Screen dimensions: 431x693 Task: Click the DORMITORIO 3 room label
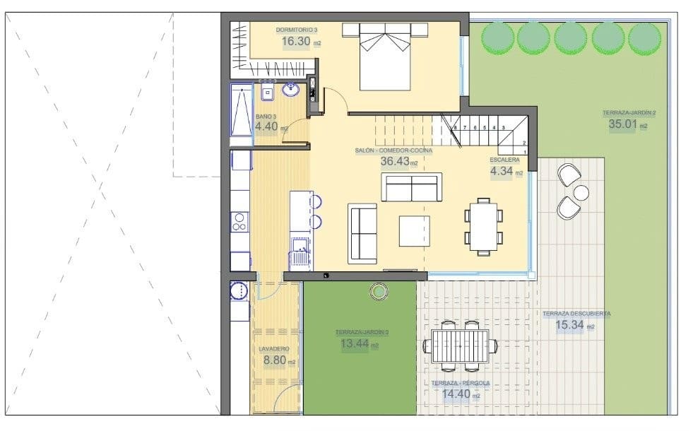[x=297, y=30]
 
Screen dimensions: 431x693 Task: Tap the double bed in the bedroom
[x=385, y=57]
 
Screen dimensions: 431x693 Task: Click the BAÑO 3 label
[x=266, y=117]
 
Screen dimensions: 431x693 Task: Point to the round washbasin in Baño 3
[x=290, y=90]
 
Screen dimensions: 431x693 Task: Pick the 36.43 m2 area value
[x=395, y=161]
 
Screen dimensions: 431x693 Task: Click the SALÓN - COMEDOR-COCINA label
[x=393, y=150]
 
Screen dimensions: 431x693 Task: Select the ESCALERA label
[x=504, y=160]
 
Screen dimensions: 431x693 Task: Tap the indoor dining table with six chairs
[x=484, y=225]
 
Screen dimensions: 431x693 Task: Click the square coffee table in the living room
[x=414, y=231]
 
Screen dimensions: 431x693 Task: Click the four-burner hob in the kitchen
[x=239, y=222]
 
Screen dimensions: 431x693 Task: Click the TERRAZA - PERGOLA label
[x=461, y=384]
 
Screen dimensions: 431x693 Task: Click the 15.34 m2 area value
[x=569, y=325]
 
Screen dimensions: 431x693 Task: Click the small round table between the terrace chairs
[x=581, y=192]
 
